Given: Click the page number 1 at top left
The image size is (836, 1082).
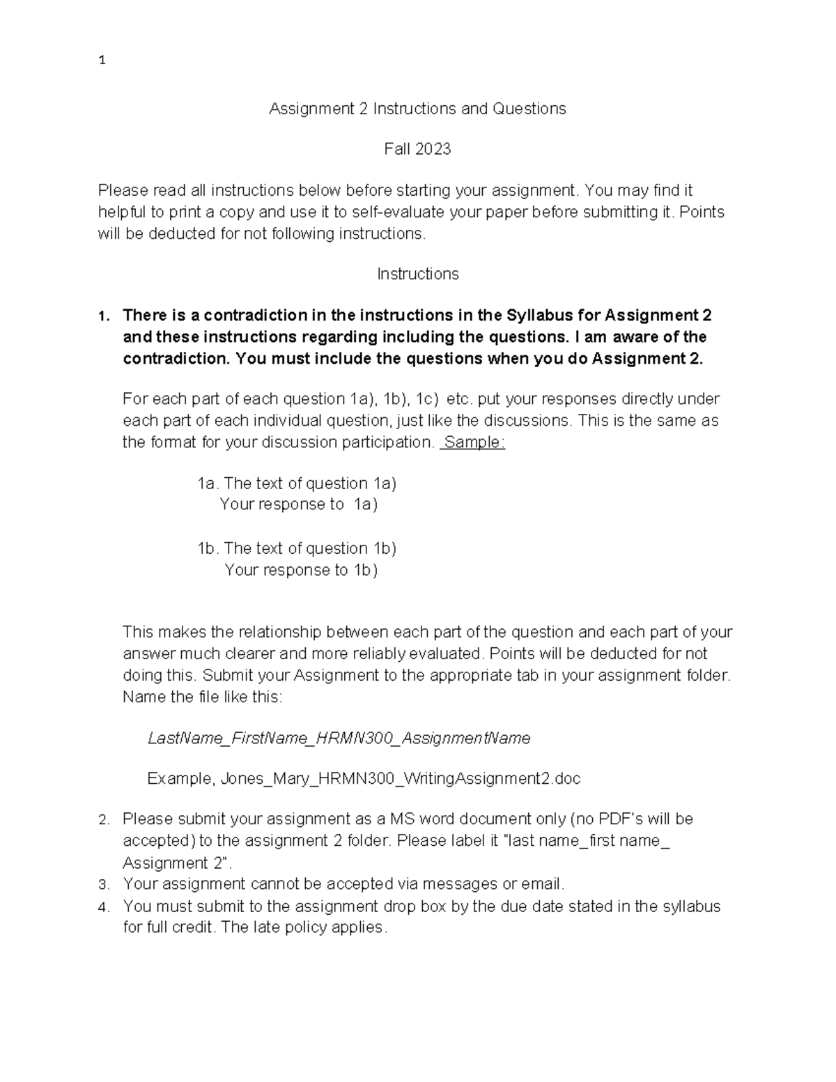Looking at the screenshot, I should click(x=102, y=61).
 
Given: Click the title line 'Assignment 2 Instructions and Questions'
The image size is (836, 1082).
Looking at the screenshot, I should click(x=417, y=109).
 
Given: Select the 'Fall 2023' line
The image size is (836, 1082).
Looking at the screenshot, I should click(x=417, y=149).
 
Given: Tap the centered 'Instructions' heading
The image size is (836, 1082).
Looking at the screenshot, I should click(x=417, y=275).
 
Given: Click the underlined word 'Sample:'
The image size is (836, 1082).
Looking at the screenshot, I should click(x=474, y=442).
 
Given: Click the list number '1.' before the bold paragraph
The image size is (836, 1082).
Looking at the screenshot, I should click(x=104, y=316).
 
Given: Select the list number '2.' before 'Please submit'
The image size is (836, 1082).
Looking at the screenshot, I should click(x=104, y=820).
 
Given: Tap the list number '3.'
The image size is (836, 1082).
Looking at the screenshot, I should click(x=104, y=885).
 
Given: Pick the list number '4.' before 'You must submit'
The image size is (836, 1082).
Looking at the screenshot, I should click(x=104, y=907).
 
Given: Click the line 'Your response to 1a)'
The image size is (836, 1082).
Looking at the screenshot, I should click(x=298, y=504).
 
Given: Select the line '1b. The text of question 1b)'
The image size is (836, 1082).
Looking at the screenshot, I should click(x=297, y=548).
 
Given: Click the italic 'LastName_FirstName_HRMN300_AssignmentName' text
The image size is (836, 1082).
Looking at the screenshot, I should click(x=339, y=738).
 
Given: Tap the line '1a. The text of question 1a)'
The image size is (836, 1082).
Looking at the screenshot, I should click(x=297, y=484).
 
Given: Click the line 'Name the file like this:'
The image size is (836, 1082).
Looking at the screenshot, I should click(x=203, y=697).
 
